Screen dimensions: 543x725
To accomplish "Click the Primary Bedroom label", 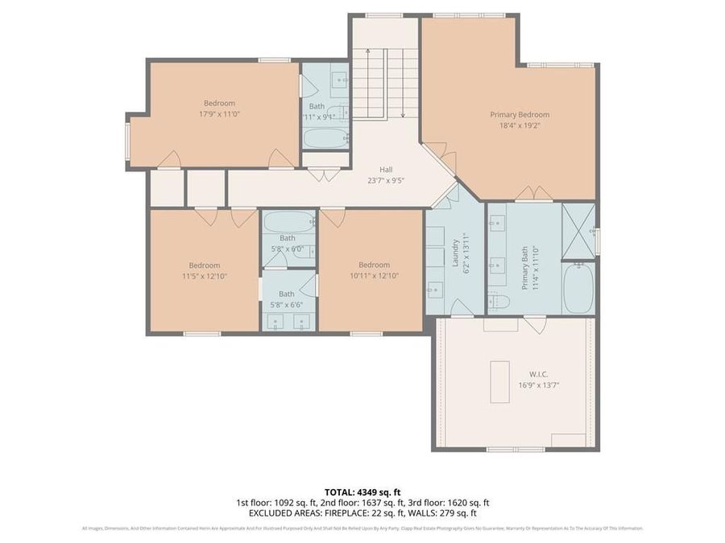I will tap(520, 114).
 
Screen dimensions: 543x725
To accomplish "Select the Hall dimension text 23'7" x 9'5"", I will tap(386, 180).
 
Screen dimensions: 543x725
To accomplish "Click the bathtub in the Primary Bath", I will tap(578, 290).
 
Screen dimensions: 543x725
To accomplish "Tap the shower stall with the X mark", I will tap(578, 231).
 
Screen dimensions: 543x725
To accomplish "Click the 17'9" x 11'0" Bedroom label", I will tap(219, 103).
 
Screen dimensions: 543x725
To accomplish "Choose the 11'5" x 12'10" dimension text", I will tap(204, 276).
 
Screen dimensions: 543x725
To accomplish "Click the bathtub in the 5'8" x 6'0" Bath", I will tap(288, 222).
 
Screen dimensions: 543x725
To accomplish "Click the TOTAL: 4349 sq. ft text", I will tap(362, 491).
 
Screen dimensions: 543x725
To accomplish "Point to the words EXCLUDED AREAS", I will tap(281, 512).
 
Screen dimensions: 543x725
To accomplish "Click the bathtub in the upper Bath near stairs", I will tap(325, 138).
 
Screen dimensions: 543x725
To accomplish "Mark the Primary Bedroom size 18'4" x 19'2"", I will tap(520, 125).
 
